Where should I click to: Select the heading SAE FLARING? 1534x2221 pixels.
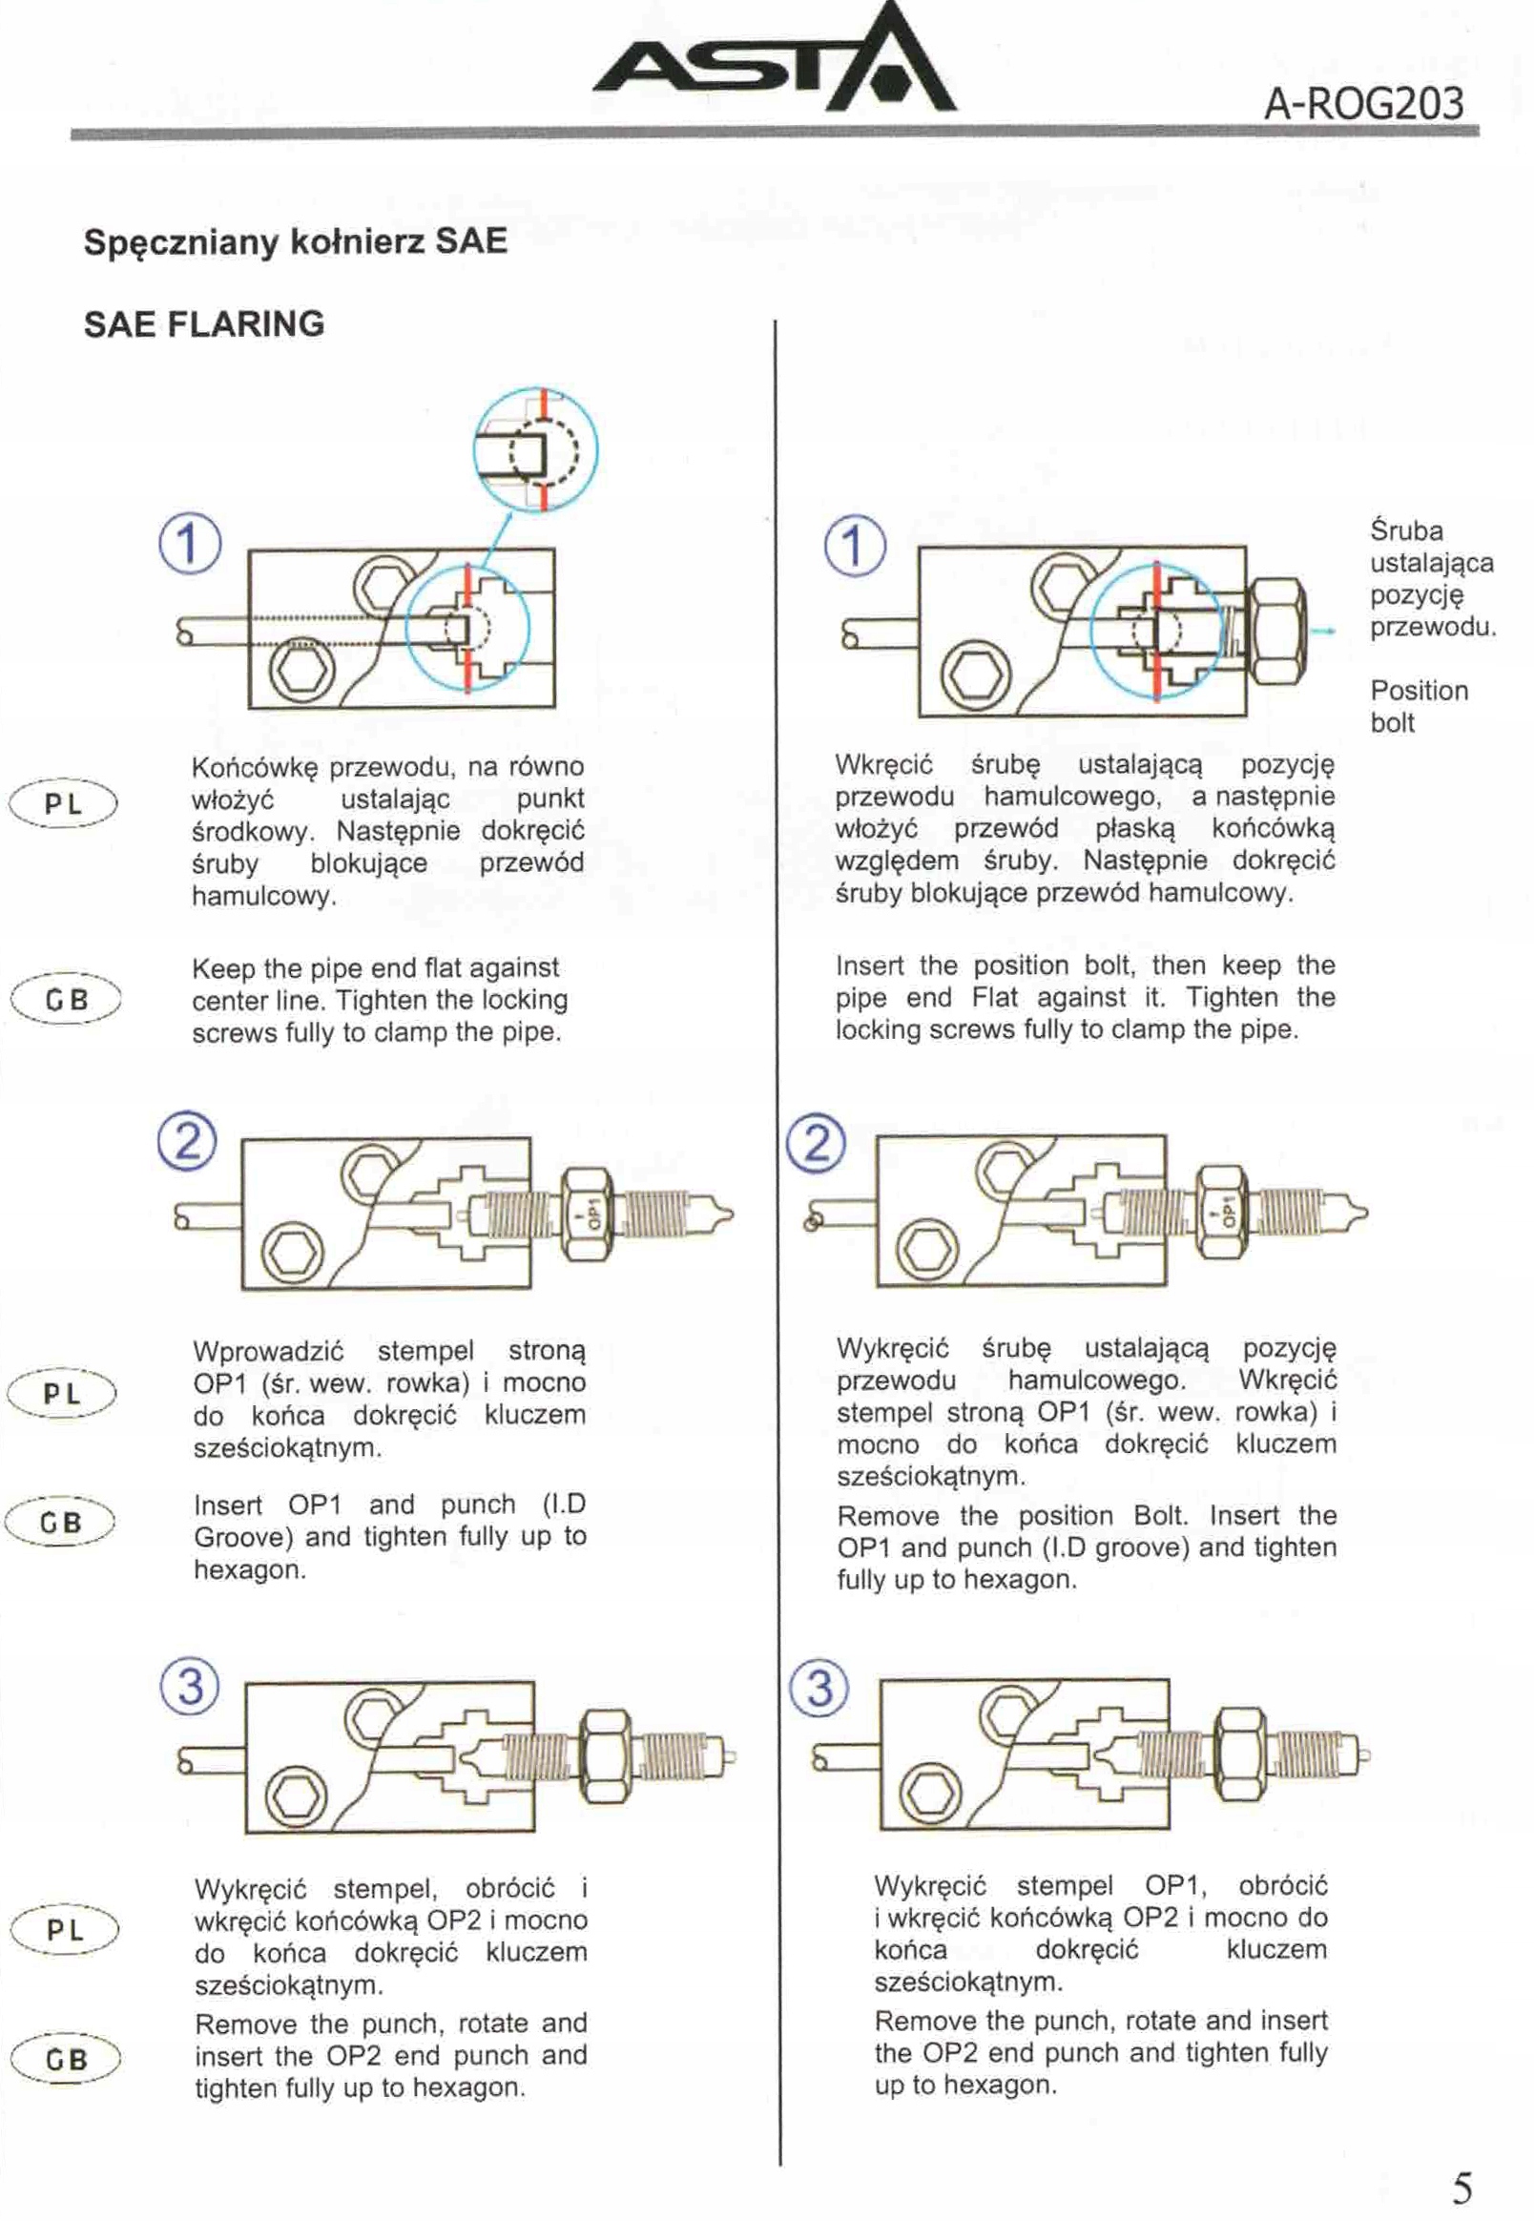pos(204,323)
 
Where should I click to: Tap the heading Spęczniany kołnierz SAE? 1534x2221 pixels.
pos(295,240)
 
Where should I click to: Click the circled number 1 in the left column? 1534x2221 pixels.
pos(189,544)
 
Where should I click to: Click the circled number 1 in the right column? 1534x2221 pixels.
pos(856,546)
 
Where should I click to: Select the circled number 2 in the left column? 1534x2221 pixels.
pos(186,1142)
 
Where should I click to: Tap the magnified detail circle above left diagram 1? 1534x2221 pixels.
pos(536,448)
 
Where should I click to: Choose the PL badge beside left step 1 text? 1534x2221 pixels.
pos(63,802)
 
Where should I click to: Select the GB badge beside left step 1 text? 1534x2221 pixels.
pos(66,1000)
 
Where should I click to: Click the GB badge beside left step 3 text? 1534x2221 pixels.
pos(66,2060)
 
